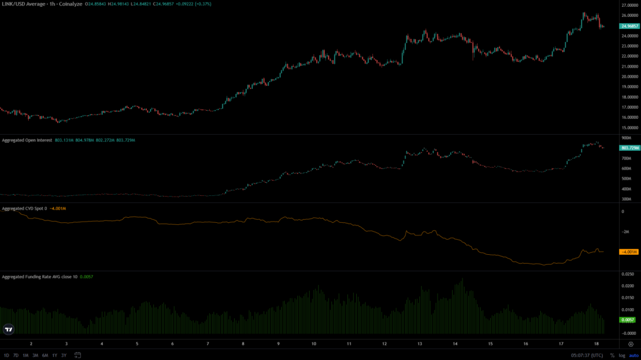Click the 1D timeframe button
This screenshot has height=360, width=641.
coord(5,355)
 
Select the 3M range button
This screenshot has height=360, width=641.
coord(35,355)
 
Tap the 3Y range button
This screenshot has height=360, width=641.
coord(64,355)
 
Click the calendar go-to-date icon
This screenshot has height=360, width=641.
coord(77,355)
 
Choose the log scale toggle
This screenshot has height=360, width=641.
coord(622,355)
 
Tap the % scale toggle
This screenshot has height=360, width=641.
coord(612,355)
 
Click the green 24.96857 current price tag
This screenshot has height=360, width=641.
coord(628,26)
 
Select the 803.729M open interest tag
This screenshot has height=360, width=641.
coord(628,148)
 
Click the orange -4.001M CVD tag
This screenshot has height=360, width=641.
coord(628,252)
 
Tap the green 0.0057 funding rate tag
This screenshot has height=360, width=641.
coord(627,320)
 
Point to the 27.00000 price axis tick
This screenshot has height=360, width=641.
coord(628,5)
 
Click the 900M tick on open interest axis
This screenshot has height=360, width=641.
coord(626,138)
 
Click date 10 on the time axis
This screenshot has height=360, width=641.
coord(314,344)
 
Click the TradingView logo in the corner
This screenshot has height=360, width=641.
coord(9,329)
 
